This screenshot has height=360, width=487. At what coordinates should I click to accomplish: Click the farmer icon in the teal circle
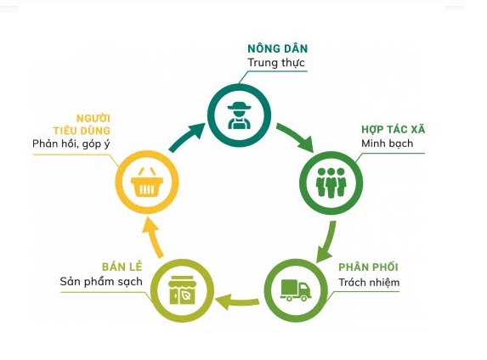point(239,115)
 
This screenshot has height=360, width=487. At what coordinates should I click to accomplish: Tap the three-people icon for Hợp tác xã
point(331,183)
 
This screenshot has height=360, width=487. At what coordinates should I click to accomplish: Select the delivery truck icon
point(296,290)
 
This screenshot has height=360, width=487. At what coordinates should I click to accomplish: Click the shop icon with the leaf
point(182,290)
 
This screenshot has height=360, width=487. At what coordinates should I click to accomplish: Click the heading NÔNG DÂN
point(277,48)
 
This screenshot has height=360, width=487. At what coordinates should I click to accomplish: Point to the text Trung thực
point(276,63)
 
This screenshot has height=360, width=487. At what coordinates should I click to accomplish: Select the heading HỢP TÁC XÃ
point(393,129)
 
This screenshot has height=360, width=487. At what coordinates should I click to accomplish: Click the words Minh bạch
point(387,143)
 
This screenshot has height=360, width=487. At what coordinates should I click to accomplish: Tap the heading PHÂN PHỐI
point(368,267)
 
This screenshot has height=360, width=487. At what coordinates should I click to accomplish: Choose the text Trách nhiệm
point(369,282)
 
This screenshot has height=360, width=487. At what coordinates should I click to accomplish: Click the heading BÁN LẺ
point(122,267)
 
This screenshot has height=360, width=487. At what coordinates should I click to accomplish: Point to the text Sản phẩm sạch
point(101,282)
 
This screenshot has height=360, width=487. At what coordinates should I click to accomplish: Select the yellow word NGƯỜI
point(93,118)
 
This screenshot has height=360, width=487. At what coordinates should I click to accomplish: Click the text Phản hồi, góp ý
point(71,143)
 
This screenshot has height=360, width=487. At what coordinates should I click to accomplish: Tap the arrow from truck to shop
point(237,301)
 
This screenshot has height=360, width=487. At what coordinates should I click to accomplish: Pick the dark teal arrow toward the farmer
point(186,138)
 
